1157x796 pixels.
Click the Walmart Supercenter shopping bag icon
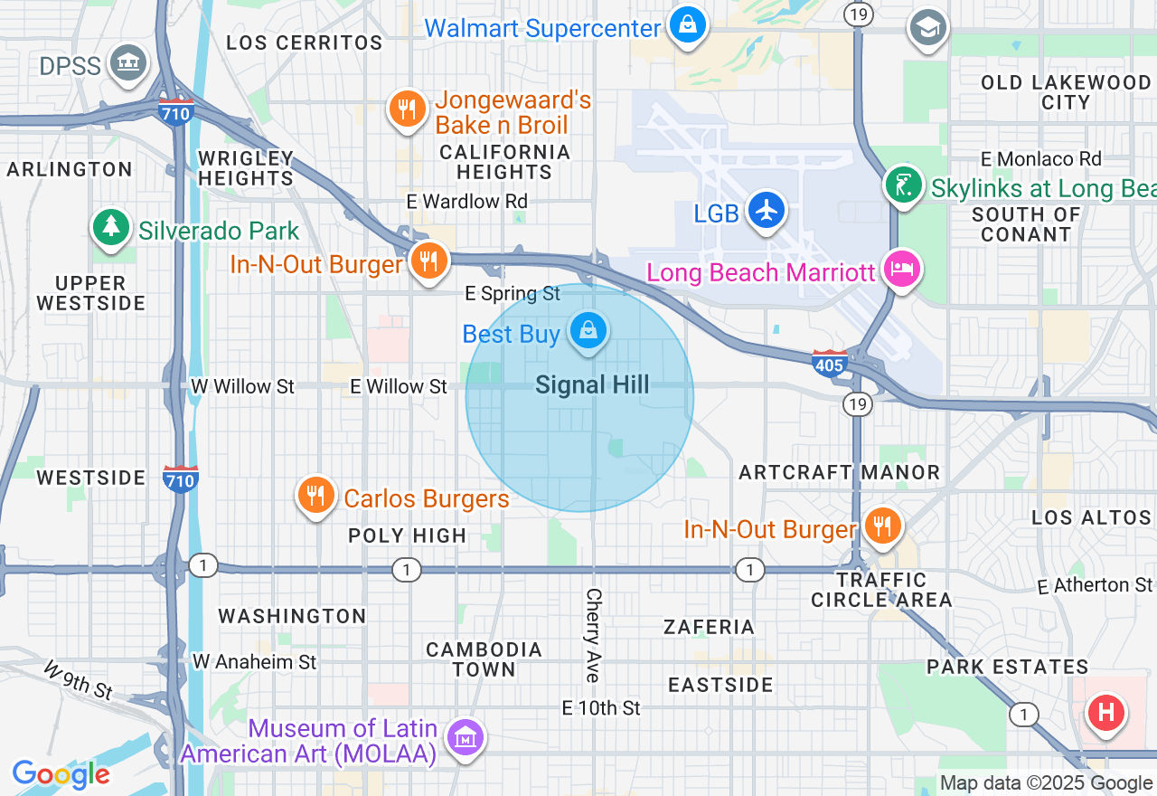688,26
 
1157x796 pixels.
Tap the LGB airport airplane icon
767,210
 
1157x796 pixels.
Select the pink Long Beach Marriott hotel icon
902,269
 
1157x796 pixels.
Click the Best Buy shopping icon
588,331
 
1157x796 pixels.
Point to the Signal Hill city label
592,385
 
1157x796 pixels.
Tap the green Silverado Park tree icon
111,226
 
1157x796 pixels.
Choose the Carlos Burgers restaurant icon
315,496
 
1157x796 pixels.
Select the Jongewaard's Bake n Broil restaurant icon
408,109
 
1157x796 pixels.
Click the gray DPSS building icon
128,62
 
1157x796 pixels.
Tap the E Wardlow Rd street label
466,201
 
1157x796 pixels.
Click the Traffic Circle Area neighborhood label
881,590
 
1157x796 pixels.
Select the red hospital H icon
1105,712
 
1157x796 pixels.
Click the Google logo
61,774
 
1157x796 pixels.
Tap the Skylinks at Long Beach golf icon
903,185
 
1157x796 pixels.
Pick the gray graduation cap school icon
928,28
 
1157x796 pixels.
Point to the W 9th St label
78,679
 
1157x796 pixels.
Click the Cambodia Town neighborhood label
484,659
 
